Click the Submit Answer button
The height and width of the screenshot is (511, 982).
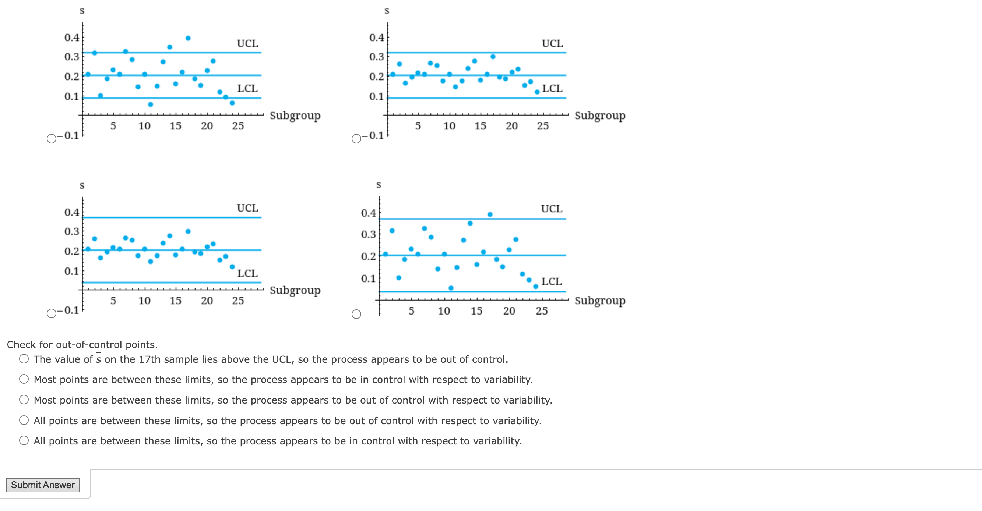point(43,485)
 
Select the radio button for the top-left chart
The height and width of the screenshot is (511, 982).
point(52,139)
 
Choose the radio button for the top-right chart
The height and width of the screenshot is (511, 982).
point(356,139)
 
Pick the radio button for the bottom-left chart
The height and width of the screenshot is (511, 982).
point(52,313)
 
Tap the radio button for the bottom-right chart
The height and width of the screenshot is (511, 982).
point(356,314)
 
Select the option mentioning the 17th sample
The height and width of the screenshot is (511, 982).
point(24,359)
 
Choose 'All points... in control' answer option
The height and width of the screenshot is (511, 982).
point(24,441)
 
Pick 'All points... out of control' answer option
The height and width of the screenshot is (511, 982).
point(24,420)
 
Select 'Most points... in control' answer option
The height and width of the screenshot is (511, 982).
point(24,379)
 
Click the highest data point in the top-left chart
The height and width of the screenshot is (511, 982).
point(188,38)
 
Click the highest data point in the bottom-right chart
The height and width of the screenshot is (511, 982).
point(490,214)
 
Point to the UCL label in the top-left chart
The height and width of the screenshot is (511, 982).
point(247,43)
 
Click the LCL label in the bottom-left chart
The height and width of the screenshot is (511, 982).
point(247,273)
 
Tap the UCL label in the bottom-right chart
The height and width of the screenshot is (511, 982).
point(552,209)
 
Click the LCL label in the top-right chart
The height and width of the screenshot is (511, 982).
point(552,88)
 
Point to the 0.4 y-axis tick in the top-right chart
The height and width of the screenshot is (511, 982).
point(376,37)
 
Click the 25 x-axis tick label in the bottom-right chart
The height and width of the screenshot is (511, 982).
point(542,311)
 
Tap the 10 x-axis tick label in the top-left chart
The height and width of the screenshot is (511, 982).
point(144,126)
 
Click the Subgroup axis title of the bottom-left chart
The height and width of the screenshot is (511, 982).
point(295,290)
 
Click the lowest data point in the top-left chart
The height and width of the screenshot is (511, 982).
point(151,104)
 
